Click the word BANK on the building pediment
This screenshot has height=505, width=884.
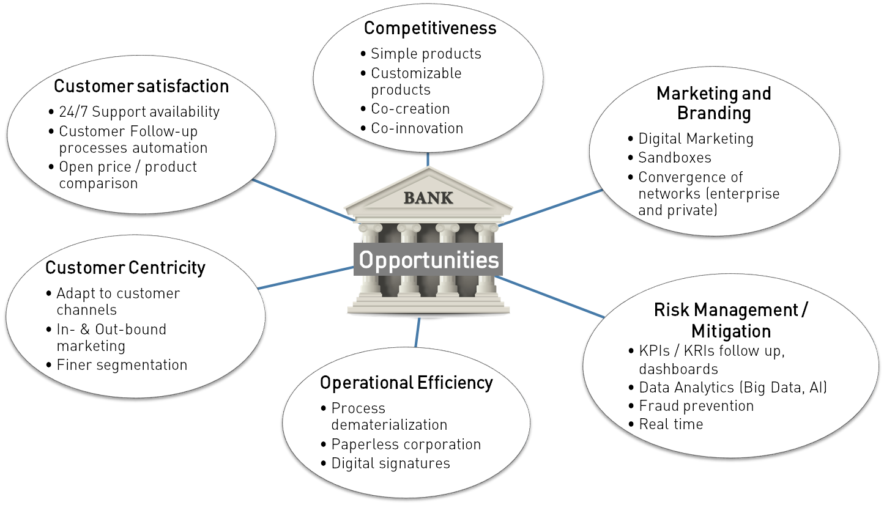428,198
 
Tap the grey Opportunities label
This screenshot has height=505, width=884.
428,260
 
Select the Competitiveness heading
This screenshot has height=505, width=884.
430,28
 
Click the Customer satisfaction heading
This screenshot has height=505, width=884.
141,86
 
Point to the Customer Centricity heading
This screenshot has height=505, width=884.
125,268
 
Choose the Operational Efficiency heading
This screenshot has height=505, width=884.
406,383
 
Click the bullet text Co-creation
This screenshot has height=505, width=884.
410,109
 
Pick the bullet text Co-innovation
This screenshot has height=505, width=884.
417,128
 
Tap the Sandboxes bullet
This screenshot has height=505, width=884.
675,157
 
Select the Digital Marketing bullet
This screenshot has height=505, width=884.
696,139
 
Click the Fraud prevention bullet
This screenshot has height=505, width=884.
696,406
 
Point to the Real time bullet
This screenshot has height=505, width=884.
670,424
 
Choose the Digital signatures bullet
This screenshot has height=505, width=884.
390,463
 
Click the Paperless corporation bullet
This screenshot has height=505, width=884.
406,444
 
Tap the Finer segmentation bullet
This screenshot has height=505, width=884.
122,365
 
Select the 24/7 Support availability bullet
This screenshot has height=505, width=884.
139,112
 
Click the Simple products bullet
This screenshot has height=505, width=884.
426,54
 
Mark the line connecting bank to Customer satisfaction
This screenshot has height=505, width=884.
303,200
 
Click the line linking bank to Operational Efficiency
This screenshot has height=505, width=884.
418,332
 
